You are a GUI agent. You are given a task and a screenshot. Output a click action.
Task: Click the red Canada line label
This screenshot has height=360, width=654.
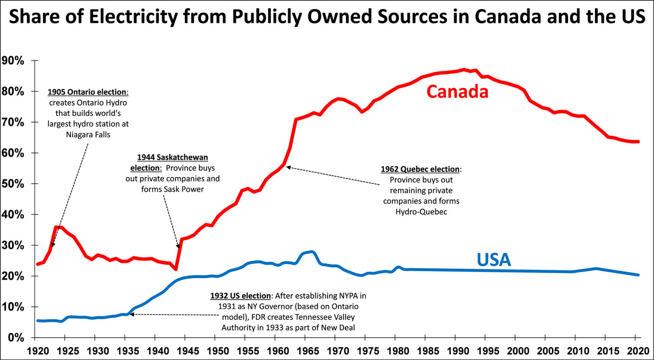pyautogui.click(x=457, y=91)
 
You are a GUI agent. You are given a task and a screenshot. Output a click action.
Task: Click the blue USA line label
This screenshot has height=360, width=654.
pyautogui.click(x=493, y=260)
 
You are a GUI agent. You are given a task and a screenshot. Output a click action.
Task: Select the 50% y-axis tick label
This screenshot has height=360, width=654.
pyautogui.click(x=15, y=184)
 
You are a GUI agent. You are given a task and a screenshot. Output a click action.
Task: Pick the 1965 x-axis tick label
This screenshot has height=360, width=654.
pyautogui.click(x=305, y=351)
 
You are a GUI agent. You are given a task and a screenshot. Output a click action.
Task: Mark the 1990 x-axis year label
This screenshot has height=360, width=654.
pyautogui.click(x=455, y=351)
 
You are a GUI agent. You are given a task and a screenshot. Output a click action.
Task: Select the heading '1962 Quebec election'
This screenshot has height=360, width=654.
pyautogui.click(x=420, y=169)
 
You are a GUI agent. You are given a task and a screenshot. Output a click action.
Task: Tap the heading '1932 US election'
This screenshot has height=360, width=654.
pyautogui.click(x=240, y=296)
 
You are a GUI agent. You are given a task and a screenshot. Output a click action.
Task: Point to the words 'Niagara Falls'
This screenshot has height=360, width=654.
pyautogui.click(x=87, y=134)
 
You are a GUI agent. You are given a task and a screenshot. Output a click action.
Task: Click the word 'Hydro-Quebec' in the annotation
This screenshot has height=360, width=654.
pyautogui.click(x=421, y=212)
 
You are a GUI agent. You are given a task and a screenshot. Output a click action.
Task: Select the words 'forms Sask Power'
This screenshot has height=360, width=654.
pyautogui.click(x=172, y=189)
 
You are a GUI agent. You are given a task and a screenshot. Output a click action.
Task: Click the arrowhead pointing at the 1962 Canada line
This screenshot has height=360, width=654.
pyautogui.click(x=288, y=167)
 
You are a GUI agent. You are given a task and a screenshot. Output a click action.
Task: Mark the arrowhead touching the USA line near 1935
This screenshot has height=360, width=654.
pyautogui.click(x=131, y=314)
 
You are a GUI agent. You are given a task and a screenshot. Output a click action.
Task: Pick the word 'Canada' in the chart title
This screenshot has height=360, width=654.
pyautogui.click(x=510, y=17)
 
